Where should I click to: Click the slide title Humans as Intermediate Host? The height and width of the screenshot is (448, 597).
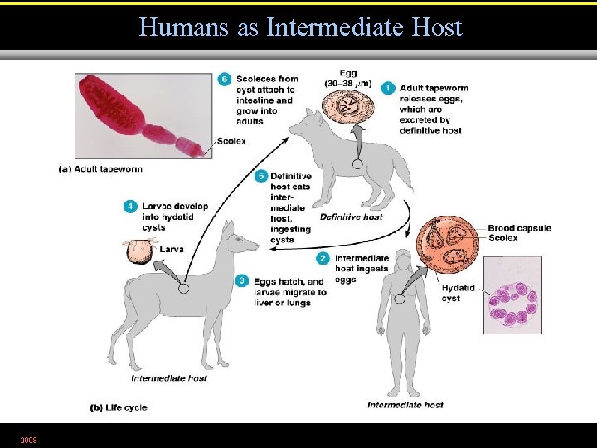[300, 27]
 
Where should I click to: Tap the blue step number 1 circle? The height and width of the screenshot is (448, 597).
[388, 87]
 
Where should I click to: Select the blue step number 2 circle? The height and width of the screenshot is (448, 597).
[323, 259]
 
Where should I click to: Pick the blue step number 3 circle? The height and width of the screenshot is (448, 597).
[241, 281]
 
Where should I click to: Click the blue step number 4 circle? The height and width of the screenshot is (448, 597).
[129, 207]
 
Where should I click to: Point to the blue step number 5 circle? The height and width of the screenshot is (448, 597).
[261, 176]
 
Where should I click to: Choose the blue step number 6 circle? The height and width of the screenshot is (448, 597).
[225, 80]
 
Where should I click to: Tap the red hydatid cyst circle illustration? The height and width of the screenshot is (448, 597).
[449, 246]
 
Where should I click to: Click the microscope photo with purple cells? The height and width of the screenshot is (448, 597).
[512, 295]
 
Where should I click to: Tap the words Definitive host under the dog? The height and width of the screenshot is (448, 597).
[351, 217]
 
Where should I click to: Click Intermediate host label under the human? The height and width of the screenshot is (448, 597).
[405, 405]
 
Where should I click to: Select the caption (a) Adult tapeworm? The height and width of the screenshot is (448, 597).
[100, 169]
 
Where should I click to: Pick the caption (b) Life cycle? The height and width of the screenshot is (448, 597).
[119, 407]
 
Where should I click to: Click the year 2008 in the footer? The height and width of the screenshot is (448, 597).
[28, 438]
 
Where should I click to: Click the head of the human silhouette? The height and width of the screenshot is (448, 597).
[405, 260]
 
